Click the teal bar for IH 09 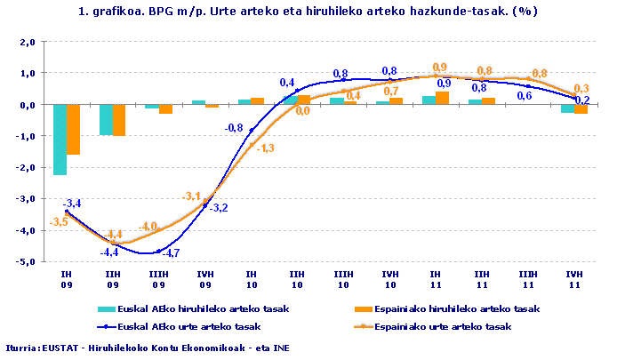(x=60, y=140)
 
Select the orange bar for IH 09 (x=74, y=129)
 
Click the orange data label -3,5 (x=59, y=220)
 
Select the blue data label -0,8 (x=233, y=128)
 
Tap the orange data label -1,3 (x=264, y=148)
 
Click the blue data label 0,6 (x=525, y=95)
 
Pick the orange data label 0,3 (x=581, y=88)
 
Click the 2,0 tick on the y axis (x=26, y=42)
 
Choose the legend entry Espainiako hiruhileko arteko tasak (x=454, y=309)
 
